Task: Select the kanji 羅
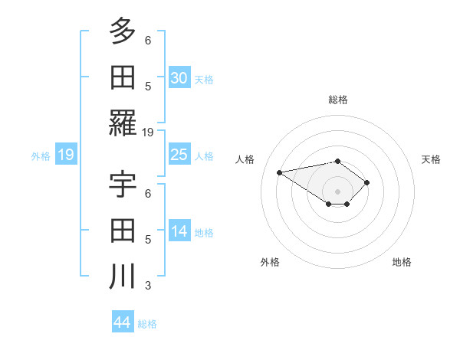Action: pyautogui.click(x=123, y=123)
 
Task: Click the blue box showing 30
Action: pyautogui.click(x=179, y=77)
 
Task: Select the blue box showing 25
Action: pyautogui.click(x=179, y=155)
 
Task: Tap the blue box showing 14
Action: pyautogui.click(x=179, y=232)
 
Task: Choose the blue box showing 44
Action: pyautogui.click(x=123, y=322)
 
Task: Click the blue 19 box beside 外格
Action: pyautogui.click(x=66, y=155)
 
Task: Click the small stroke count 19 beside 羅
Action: pyautogui.click(x=148, y=132)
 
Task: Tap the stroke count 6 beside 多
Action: pyautogui.click(x=148, y=40)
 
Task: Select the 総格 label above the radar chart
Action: pyautogui.click(x=338, y=100)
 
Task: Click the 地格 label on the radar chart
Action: pyautogui.click(x=402, y=262)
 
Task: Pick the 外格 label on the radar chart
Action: pyautogui.click(x=270, y=262)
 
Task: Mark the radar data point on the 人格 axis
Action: pyautogui.click(x=280, y=172)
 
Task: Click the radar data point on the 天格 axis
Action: pyautogui.click(x=368, y=182)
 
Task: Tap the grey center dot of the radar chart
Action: pyautogui.click(x=337, y=191)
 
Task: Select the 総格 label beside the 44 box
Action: pyautogui.click(x=147, y=324)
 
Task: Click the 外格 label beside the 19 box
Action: pyautogui.click(x=41, y=156)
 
